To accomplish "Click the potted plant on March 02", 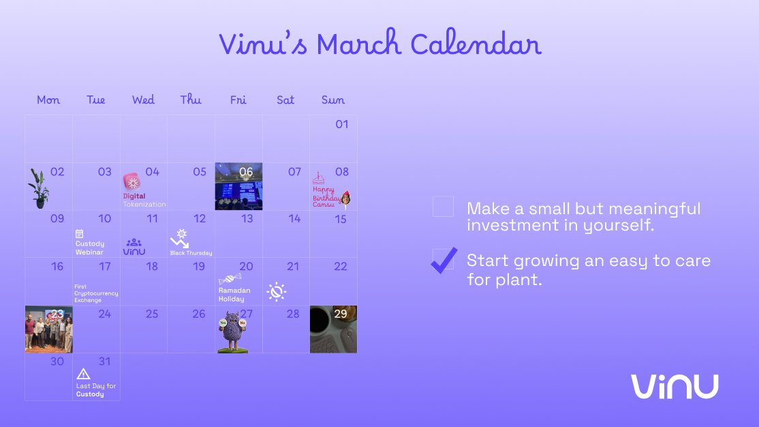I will [38, 189].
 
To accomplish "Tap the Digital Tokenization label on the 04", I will [144, 200].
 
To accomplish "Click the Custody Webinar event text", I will [90, 248].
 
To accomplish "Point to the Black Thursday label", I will [191, 253].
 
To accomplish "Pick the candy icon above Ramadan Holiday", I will [230, 278].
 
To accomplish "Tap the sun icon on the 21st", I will [276, 292].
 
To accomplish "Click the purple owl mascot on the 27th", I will [232, 332].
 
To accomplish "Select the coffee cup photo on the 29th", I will [333, 329].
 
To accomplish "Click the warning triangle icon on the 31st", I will [83, 374].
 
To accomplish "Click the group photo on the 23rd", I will [48, 329].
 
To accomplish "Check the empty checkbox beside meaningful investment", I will [443, 207].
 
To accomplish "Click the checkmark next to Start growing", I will [444, 260].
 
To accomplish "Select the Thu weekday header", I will [191, 100].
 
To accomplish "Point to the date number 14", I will [294, 219].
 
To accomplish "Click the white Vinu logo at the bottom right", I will [674, 386].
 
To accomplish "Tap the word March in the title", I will [358, 45].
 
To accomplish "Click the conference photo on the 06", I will [238, 187].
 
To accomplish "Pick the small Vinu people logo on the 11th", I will [134, 247].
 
